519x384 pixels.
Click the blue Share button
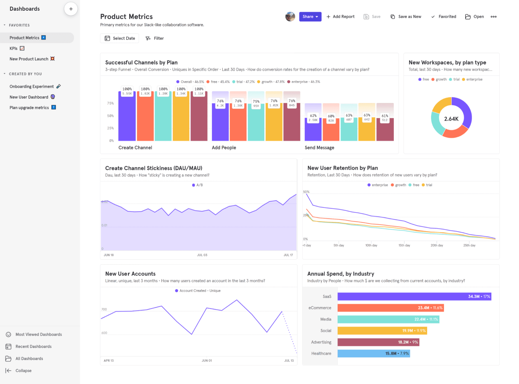pos(310,17)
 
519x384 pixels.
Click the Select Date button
pos(120,38)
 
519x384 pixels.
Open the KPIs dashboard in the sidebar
pos(14,48)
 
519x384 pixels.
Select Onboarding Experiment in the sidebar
pos(32,86)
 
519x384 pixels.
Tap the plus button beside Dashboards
pos(71,9)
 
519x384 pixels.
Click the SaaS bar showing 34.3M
pos(414,296)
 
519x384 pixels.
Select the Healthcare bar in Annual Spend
pos(374,353)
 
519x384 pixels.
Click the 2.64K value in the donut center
pos(451,119)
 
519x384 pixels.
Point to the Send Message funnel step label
pos(319,147)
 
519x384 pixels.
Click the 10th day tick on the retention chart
pos(371,245)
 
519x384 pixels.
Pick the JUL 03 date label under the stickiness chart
pos(202,255)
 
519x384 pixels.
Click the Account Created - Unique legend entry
pos(198,291)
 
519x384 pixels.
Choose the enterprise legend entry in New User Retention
pos(378,185)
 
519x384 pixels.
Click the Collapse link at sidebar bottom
pos(23,370)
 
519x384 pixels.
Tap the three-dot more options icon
pos(493,17)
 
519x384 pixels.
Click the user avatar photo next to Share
pos(290,17)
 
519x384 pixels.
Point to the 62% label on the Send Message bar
pos(313,116)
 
